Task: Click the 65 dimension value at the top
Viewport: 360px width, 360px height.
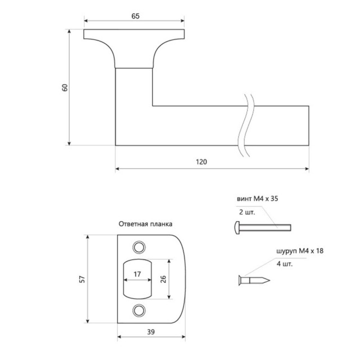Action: click(x=136, y=17)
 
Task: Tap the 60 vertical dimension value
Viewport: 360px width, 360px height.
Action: click(x=65, y=88)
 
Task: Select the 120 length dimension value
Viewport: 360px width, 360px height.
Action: click(x=202, y=161)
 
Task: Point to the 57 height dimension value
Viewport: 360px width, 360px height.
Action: click(x=81, y=279)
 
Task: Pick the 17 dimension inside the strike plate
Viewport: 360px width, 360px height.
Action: click(x=137, y=274)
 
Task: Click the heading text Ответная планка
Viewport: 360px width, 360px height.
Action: click(x=145, y=223)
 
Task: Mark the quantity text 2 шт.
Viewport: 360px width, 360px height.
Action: click(x=246, y=213)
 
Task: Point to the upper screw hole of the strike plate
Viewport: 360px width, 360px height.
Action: click(x=138, y=247)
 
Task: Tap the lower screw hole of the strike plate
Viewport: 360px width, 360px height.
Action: click(x=138, y=310)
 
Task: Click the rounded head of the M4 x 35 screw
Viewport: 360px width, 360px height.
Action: click(x=236, y=228)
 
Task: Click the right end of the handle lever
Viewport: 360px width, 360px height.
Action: click(x=308, y=125)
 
